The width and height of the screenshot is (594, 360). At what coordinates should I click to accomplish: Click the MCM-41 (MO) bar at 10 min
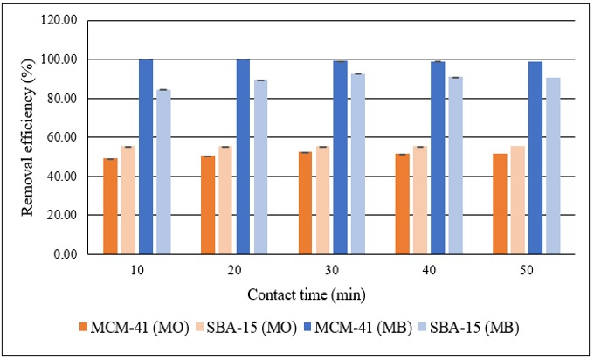point(111,206)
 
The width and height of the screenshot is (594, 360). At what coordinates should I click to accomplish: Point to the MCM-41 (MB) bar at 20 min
point(243,156)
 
